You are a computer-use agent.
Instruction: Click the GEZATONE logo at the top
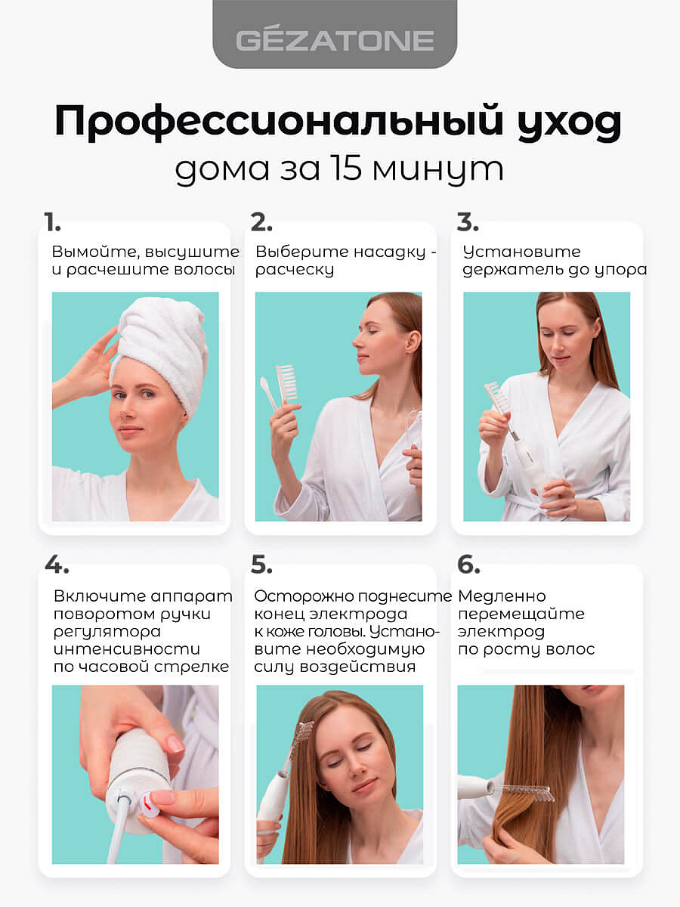(335, 40)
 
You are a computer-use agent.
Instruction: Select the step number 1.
(52, 223)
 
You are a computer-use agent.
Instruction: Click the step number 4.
(56, 565)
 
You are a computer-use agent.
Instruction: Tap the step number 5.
(261, 565)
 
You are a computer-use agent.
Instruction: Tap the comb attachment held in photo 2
(287, 383)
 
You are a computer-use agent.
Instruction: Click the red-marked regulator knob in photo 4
(150, 803)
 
